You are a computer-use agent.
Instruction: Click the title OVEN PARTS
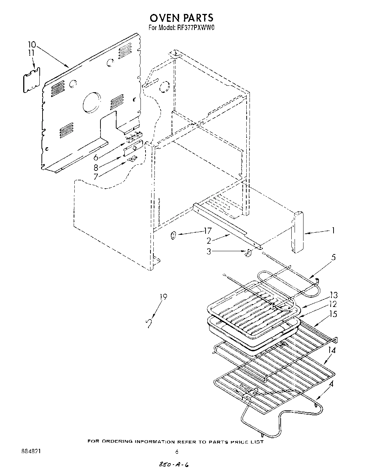[181, 18]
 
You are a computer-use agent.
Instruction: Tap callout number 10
[32, 45]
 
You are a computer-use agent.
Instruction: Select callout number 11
[32, 53]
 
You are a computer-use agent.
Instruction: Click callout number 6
[96, 158]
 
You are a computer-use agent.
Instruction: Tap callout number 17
[208, 230]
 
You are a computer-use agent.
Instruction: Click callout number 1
[333, 230]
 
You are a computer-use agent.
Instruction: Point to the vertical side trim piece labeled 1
[298, 233]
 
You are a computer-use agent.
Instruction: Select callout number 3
[209, 251]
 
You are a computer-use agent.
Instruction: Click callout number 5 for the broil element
[333, 257]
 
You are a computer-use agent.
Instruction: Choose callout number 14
[332, 351]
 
